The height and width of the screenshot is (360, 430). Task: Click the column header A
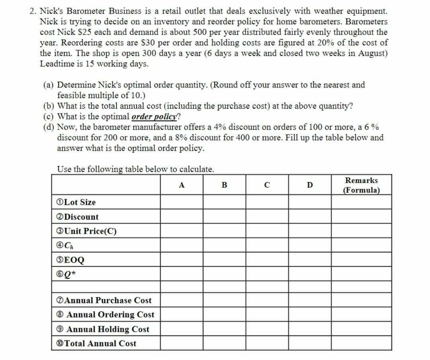[x=182, y=185]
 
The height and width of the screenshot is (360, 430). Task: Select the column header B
[x=224, y=185]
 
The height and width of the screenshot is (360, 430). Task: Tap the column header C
[x=267, y=185]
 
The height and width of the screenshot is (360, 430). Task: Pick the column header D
[x=310, y=185]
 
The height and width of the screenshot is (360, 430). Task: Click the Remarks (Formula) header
[x=361, y=185]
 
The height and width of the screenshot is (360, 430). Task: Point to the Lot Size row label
[x=74, y=202]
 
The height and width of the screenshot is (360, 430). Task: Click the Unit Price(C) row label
[x=85, y=231]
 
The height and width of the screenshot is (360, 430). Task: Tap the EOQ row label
[x=68, y=260]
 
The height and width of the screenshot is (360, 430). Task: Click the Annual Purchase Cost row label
[x=102, y=300]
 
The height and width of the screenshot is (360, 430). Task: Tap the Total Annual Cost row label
[x=95, y=343]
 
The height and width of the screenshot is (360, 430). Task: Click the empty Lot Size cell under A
[x=182, y=202]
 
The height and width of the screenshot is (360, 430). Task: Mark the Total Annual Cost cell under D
[x=310, y=343]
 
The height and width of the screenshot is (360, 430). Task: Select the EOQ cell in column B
[x=224, y=260]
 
